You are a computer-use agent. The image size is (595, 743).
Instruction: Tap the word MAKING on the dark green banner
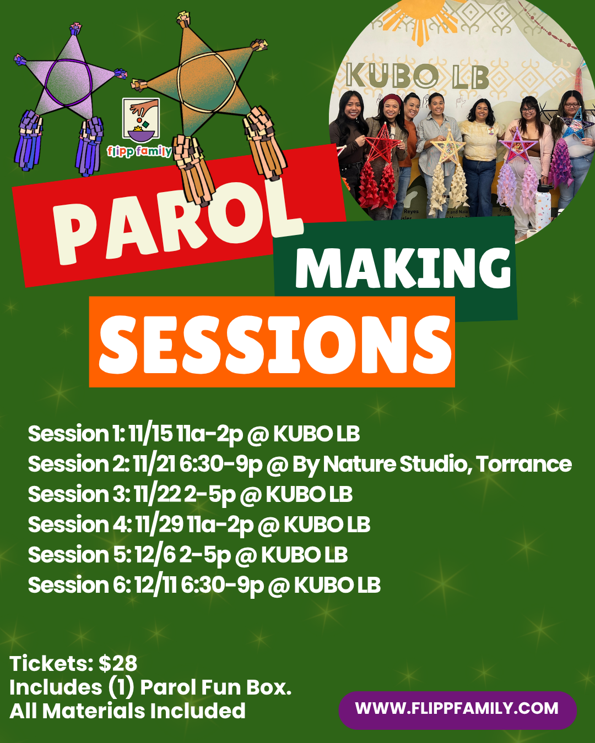[403, 268]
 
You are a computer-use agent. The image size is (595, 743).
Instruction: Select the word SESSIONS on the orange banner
[275, 345]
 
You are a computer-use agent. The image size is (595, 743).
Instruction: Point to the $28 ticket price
[118, 663]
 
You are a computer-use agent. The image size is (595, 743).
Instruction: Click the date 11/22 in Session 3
[158, 494]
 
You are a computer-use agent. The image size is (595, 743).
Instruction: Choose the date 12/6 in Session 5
[155, 555]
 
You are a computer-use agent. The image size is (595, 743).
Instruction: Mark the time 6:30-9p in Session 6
[223, 585]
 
